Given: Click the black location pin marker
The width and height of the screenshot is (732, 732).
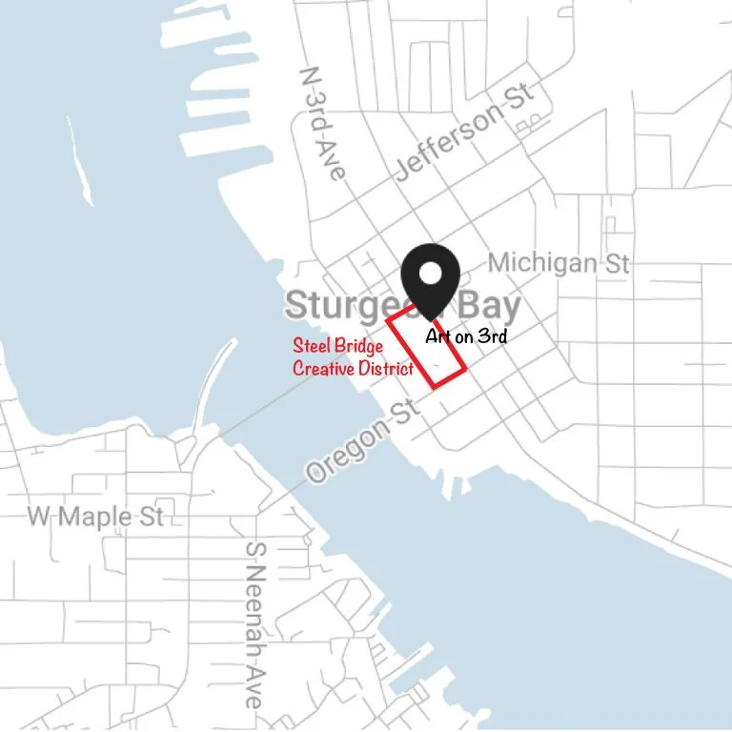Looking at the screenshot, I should point(431,276).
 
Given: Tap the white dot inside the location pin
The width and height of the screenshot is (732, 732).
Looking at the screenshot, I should point(431,272).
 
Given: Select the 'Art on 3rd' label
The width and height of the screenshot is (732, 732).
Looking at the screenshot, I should point(465,335).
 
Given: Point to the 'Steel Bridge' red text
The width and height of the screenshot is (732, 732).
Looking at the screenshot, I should point(337,346).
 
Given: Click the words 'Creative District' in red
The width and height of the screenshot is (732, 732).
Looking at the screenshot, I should point(353,368).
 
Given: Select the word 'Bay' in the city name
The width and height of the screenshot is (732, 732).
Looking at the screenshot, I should point(489,306).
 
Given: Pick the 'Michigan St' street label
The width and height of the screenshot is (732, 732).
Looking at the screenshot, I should point(559,262).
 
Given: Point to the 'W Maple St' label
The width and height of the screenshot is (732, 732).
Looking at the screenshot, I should point(95,517).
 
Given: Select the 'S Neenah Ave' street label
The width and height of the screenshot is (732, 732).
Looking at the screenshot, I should point(254,625).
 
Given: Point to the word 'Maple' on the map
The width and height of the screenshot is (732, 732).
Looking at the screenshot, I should point(98,517).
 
